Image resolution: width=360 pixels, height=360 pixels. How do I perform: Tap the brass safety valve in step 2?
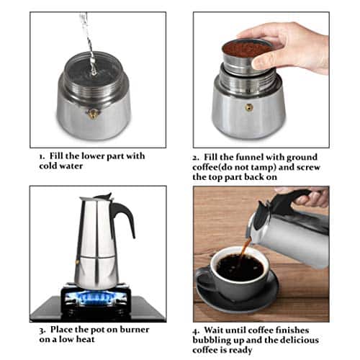pos(249,107)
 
